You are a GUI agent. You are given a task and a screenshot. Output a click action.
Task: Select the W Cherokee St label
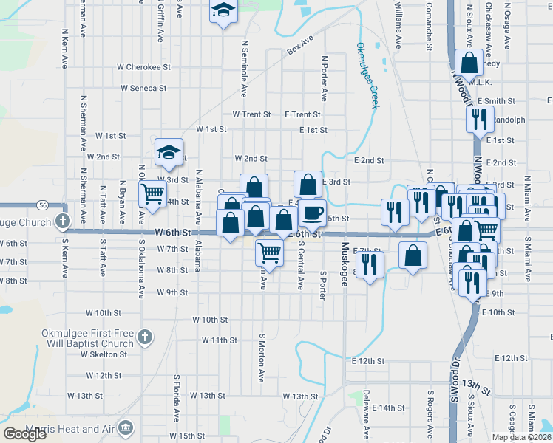pyautogui.click(x=143, y=66)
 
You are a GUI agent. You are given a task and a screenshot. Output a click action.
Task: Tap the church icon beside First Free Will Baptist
pyautogui.click(x=145, y=337)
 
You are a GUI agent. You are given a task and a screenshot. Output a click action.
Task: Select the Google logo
pyautogui.click(x=24, y=434)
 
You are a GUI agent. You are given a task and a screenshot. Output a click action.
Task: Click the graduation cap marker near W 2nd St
pyautogui.click(x=169, y=152)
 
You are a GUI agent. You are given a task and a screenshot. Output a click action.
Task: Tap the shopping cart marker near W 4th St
pyautogui.click(x=152, y=193)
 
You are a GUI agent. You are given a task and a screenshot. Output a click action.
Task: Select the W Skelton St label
pyautogui.click(x=104, y=354)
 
